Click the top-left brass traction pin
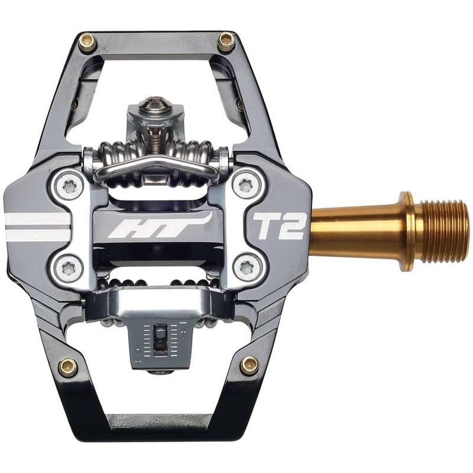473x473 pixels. [88, 42]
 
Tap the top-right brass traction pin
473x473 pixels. [225, 42]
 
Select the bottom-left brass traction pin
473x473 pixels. [68, 367]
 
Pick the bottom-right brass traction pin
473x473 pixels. [249, 365]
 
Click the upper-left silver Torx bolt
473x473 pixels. [70, 187]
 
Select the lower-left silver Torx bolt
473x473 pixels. [70, 268]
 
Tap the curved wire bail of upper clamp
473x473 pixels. [157, 169]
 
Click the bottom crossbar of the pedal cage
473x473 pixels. [157, 426]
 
